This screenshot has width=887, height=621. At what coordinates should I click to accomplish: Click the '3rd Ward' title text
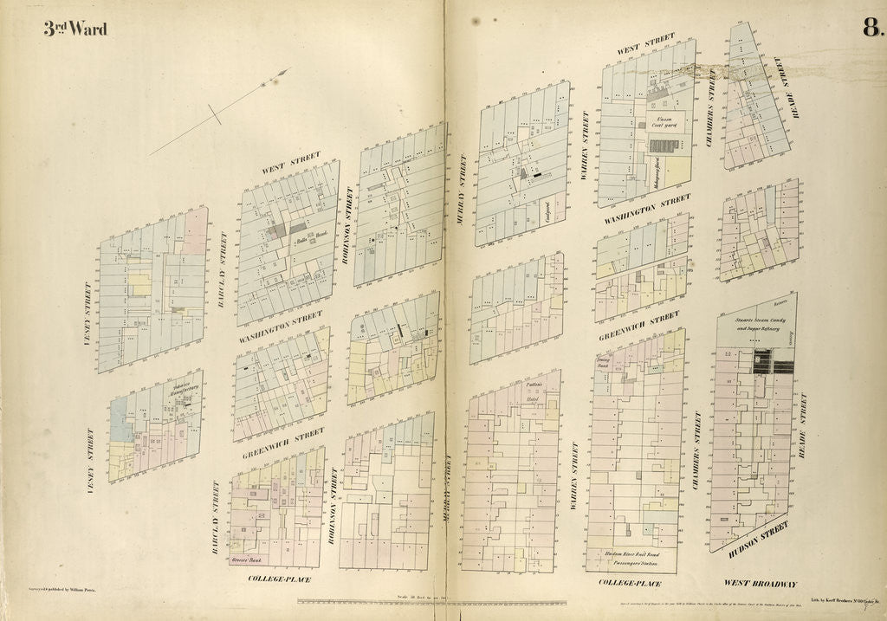click(x=75, y=29)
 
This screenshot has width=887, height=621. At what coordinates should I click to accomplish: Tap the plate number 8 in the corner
click(x=871, y=28)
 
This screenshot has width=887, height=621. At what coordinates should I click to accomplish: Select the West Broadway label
click(x=761, y=585)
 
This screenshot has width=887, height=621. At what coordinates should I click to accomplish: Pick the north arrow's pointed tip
click(x=289, y=70)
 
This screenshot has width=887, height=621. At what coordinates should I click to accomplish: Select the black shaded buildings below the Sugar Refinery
click(x=774, y=363)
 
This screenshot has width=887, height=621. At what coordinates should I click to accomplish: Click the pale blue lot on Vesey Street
click(x=119, y=419)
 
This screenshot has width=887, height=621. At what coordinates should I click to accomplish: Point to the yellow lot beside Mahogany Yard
click(x=678, y=171)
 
